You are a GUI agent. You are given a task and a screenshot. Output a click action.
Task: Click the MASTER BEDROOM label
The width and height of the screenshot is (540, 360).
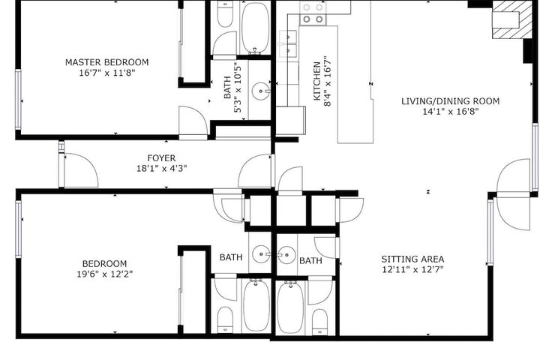pyautogui.click(x=106, y=62)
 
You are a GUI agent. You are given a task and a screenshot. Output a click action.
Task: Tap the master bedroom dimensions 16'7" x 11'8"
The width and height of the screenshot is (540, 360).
pyautogui.click(x=106, y=73)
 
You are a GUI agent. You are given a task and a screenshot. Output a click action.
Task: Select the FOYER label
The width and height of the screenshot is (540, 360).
pyautogui.click(x=161, y=158)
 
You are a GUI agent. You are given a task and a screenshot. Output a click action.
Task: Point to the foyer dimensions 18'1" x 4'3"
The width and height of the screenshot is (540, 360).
pyautogui.click(x=161, y=169)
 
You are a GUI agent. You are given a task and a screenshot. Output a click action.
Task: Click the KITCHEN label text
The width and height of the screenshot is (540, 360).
pyautogui.click(x=316, y=81)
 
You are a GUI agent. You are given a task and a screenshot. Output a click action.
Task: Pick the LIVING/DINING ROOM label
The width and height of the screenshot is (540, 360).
pyautogui.click(x=451, y=101)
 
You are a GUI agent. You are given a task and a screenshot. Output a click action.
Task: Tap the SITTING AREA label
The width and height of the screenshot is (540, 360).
pyautogui.click(x=412, y=259)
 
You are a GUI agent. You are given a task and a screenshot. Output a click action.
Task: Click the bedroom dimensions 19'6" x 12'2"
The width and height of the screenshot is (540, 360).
pyautogui.click(x=105, y=274)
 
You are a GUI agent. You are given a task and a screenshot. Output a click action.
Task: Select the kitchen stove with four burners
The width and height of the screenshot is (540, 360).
pyautogui.click(x=313, y=13)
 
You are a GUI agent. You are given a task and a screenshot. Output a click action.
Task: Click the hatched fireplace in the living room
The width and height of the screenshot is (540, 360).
pyautogui.click(x=512, y=19)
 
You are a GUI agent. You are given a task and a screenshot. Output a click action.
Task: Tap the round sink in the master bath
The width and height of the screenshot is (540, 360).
pyautogui.click(x=261, y=91)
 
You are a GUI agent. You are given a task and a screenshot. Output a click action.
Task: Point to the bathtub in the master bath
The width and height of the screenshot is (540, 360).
pyautogui.click(x=256, y=28)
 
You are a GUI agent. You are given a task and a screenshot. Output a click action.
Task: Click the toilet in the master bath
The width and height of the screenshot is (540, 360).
pyautogui.click(x=225, y=14)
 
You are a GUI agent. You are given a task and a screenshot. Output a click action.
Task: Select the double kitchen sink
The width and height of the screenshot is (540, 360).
pyautogui.click(x=288, y=43)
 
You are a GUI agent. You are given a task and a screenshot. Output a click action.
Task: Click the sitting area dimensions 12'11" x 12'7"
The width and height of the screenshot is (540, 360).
pyautogui.click(x=412, y=269)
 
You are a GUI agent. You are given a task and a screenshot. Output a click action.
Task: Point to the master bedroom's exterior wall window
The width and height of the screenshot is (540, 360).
pyautogui.click(x=18, y=100)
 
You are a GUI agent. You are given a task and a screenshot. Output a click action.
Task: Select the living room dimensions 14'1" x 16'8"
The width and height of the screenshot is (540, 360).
pyautogui.click(x=451, y=112)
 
